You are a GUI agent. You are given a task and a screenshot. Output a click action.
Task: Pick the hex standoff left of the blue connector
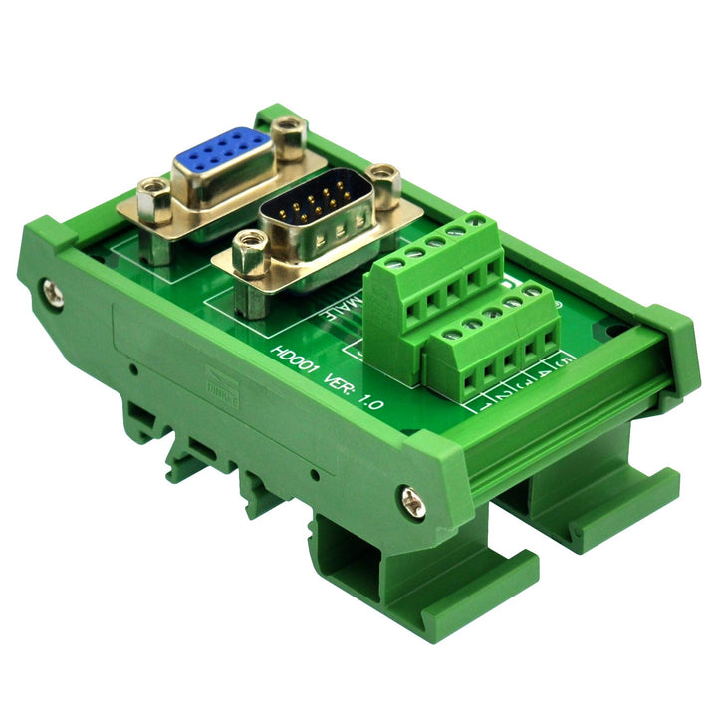tap(153, 197)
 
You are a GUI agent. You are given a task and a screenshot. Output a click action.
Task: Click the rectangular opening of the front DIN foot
tap(368, 573)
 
